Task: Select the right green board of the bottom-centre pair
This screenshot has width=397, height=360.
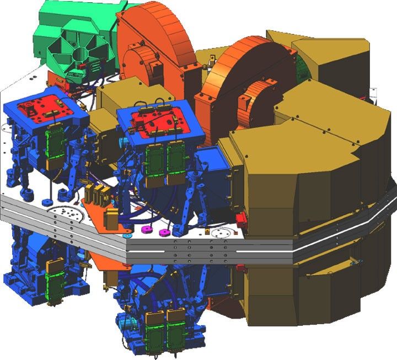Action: (175, 329)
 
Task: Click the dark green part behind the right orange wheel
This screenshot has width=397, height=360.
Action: (302, 66)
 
